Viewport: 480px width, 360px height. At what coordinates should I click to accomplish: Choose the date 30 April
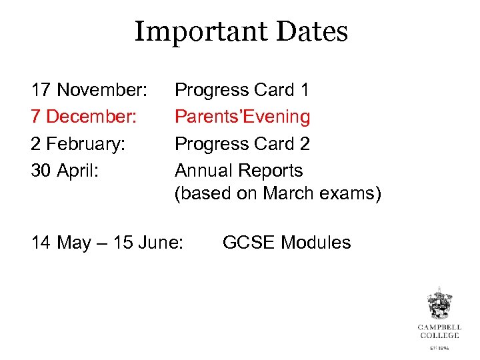point(65,171)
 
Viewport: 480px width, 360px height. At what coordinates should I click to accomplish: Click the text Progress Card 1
point(242,90)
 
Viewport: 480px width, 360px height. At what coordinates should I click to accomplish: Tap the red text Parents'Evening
point(243,117)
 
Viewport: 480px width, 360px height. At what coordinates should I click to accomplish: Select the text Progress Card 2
point(242,144)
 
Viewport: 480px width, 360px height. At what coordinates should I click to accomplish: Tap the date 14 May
point(61,243)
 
